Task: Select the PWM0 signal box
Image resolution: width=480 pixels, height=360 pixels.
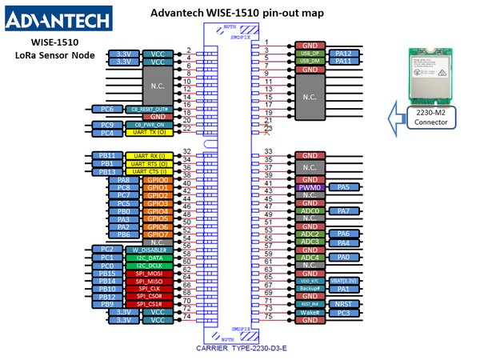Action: coord(309,187)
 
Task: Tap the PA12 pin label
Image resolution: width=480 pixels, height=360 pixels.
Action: coord(343,53)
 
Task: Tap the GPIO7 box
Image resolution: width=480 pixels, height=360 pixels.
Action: coord(157,234)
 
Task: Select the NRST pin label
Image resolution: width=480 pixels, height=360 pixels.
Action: coord(343,304)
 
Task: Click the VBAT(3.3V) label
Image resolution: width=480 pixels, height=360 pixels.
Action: coord(343,281)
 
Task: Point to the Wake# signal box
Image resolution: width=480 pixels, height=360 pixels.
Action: coord(309,312)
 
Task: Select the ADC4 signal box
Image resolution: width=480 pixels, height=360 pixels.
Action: coord(309,258)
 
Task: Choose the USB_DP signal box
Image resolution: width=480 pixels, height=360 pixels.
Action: coord(309,53)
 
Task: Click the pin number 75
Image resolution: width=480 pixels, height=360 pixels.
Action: coord(269,318)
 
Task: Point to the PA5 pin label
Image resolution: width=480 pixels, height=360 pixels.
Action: coord(343,187)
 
